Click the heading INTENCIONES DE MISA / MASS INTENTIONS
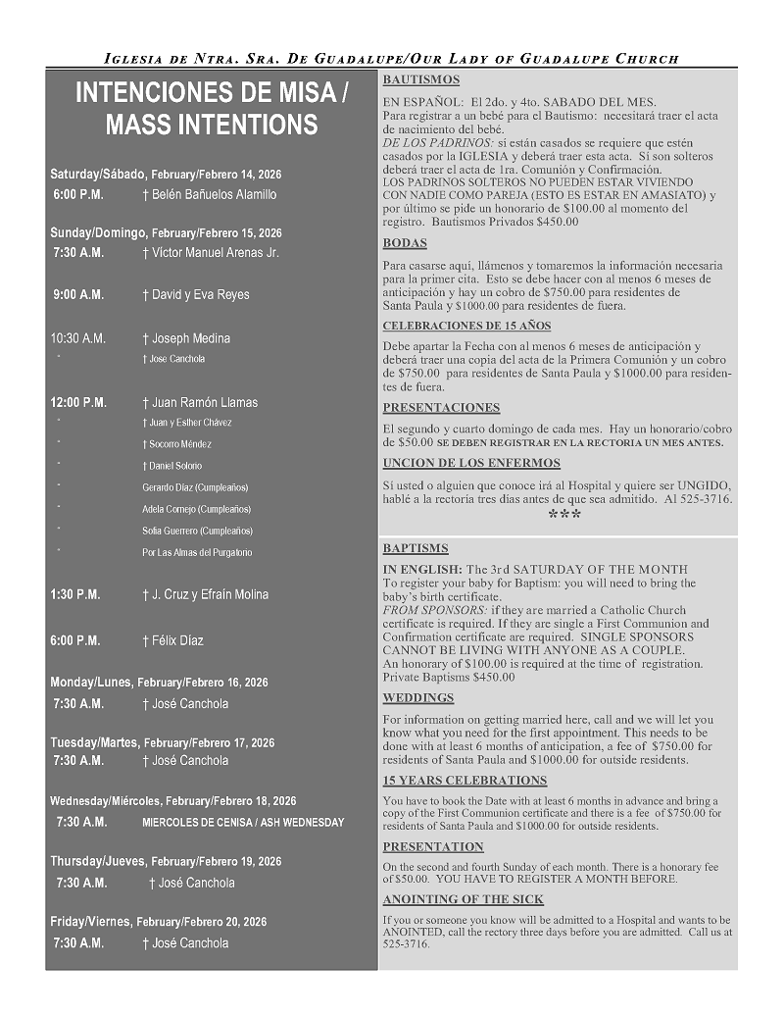point(211,109)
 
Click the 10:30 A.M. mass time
point(77,338)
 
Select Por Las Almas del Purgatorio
point(196,552)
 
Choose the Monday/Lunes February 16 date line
point(159,682)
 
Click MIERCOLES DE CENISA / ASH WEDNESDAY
point(243,822)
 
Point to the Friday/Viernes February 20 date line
point(158,922)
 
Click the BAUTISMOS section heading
point(420,79)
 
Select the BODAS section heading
point(405,242)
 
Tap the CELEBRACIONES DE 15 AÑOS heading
point(466,326)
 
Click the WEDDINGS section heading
point(418,697)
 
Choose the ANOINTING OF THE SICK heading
point(463,899)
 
